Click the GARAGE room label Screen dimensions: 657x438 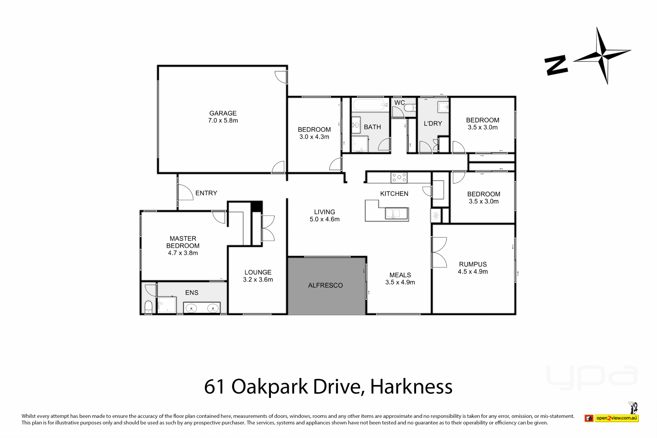pyautogui.click(x=223, y=113)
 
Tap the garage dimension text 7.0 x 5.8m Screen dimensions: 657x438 pyautogui.click(x=223, y=120)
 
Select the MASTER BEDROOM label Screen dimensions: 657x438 pyautogui.click(x=183, y=242)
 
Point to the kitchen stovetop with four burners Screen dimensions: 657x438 pyautogui.click(x=399, y=178)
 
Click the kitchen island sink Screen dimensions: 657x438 pyautogui.click(x=397, y=214)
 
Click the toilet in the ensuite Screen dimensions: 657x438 pyautogui.click(x=148, y=307)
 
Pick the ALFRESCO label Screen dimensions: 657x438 pyautogui.click(x=325, y=285)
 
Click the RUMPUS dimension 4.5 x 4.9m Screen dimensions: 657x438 pyautogui.click(x=473, y=272)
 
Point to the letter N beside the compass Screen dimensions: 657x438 pyautogui.click(x=556, y=65)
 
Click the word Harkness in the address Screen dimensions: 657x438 pyautogui.click(x=411, y=387)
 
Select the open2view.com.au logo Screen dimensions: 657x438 pyautogui.click(x=611, y=418)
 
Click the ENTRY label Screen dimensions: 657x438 pyautogui.click(x=206, y=193)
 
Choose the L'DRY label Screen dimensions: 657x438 pyautogui.click(x=433, y=124)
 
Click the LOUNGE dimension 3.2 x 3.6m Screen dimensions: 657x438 pyautogui.click(x=258, y=280)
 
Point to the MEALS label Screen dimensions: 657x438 pyautogui.click(x=400, y=275)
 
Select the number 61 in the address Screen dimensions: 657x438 pyautogui.click(x=215, y=387)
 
